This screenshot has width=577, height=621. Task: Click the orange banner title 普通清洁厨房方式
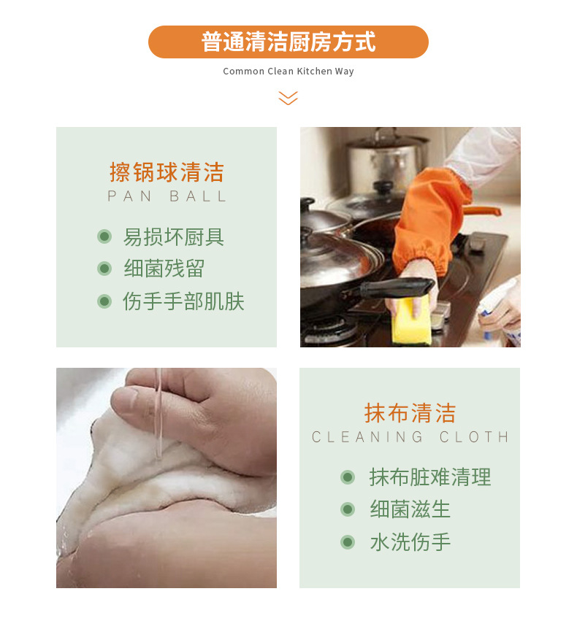pyautogui.click(x=288, y=42)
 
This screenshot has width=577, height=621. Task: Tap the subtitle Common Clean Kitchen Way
pyautogui.click(x=288, y=72)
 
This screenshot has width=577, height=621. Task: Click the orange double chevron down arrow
pyautogui.click(x=288, y=98)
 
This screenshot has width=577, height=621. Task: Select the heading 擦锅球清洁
pyautogui.click(x=167, y=172)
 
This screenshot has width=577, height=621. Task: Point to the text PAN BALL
pyautogui.click(x=167, y=196)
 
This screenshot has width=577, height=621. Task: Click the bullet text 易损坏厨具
pyautogui.click(x=174, y=237)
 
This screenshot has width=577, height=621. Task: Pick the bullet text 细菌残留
pyautogui.click(x=164, y=269)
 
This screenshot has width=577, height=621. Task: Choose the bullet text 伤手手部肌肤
pyautogui.click(x=183, y=301)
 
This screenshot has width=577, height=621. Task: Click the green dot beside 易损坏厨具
pyautogui.click(x=104, y=237)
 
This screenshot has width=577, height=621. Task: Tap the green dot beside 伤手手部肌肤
pyautogui.click(x=104, y=301)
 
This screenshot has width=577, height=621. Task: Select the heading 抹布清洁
pyautogui.click(x=410, y=413)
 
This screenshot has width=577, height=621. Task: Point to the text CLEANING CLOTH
pyautogui.click(x=410, y=437)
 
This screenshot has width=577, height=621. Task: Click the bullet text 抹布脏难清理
pyautogui.click(x=430, y=477)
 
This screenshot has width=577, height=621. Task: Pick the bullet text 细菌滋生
pyautogui.click(x=410, y=509)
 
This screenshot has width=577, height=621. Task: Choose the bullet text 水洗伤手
pyautogui.click(x=410, y=541)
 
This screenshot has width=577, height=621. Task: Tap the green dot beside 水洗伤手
pyautogui.click(x=348, y=541)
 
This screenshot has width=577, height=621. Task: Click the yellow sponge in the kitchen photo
pyautogui.click(x=411, y=323)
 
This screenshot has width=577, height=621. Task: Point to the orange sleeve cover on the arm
pyautogui.click(x=432, y=220)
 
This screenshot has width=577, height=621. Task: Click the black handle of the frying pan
pyautogui.click(x=397, y=288)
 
